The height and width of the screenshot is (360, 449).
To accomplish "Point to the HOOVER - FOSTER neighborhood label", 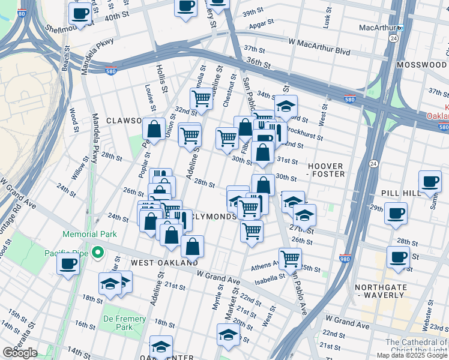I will coord(326,170).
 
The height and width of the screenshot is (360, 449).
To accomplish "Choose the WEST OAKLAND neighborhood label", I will coord(164,263).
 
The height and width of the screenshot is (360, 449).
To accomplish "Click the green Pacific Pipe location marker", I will coord(95,253).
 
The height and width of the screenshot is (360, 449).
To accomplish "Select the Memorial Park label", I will coord(90,235).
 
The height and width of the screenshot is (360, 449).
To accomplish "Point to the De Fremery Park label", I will coord(124,323).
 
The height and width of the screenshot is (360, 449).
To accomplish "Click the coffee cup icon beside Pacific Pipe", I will coord(68,263).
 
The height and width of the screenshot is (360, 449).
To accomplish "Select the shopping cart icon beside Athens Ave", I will coord(291,258).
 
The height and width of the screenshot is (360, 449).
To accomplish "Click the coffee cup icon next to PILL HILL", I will coord(429,182).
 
